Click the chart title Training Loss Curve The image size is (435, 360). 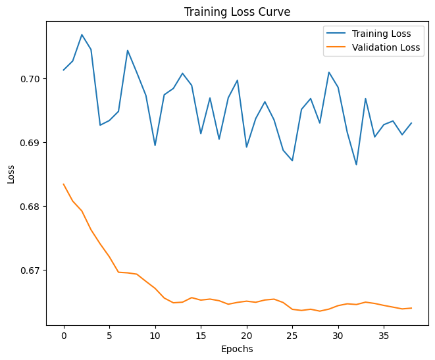(x=237, y=12)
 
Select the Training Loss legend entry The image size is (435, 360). (x=382, y=34)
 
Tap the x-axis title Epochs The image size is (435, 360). (x=237, y=349)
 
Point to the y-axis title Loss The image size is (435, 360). (x=11, y=173)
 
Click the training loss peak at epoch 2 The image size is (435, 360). (x=82, y=35)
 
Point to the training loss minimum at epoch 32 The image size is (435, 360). (x=356, y=165)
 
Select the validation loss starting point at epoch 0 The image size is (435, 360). (x=64, y=184)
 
